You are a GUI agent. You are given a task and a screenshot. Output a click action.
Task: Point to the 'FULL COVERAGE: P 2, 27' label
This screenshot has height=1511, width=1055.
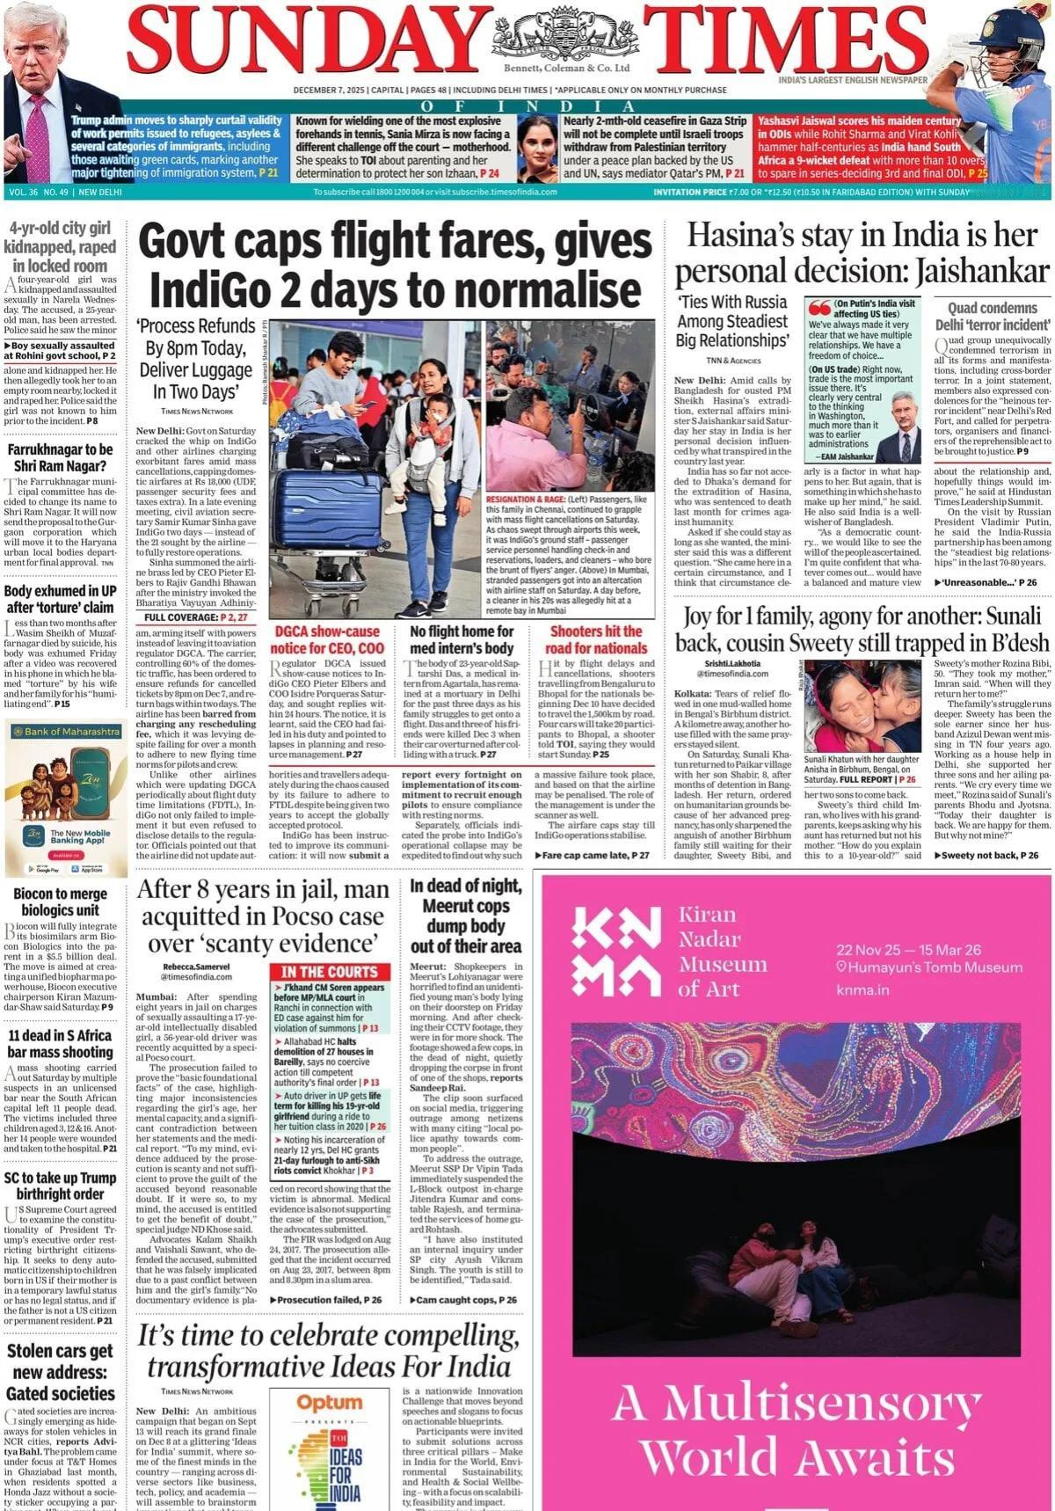click(x=196, y=617)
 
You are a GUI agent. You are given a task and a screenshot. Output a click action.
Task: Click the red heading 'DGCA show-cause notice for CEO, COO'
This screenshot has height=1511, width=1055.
click(x=327, y=639)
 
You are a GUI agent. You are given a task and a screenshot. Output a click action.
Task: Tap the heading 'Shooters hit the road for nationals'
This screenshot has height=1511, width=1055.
click(x=596, y=639)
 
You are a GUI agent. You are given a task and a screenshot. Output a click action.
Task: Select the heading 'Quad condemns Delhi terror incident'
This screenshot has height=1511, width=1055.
click(x=992, y=316)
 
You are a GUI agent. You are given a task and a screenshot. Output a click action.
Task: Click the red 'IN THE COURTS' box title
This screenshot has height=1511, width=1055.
click(x=329, y=972)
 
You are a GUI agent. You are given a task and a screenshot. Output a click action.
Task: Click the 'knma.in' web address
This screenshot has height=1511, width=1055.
click(x=862, y=990)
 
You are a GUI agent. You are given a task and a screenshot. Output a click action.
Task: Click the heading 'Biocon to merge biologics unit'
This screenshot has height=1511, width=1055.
click(x=60, y=901)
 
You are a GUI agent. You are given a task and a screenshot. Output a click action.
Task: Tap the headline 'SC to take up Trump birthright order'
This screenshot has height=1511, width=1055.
click(x=60, y=1185)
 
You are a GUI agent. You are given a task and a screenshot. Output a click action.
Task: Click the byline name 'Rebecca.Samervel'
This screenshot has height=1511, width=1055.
click(x=184, y=967)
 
